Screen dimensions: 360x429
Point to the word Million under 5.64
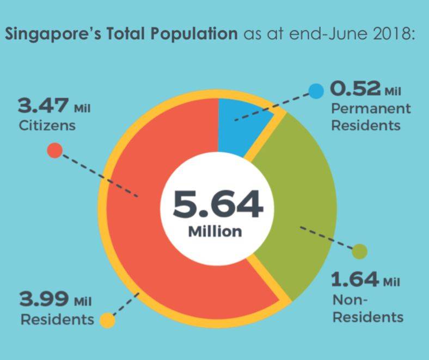215,231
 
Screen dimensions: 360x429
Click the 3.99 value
44,299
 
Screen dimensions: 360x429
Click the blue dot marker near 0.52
316,90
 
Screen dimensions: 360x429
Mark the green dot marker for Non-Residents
360,252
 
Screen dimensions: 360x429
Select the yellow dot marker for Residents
108,321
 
